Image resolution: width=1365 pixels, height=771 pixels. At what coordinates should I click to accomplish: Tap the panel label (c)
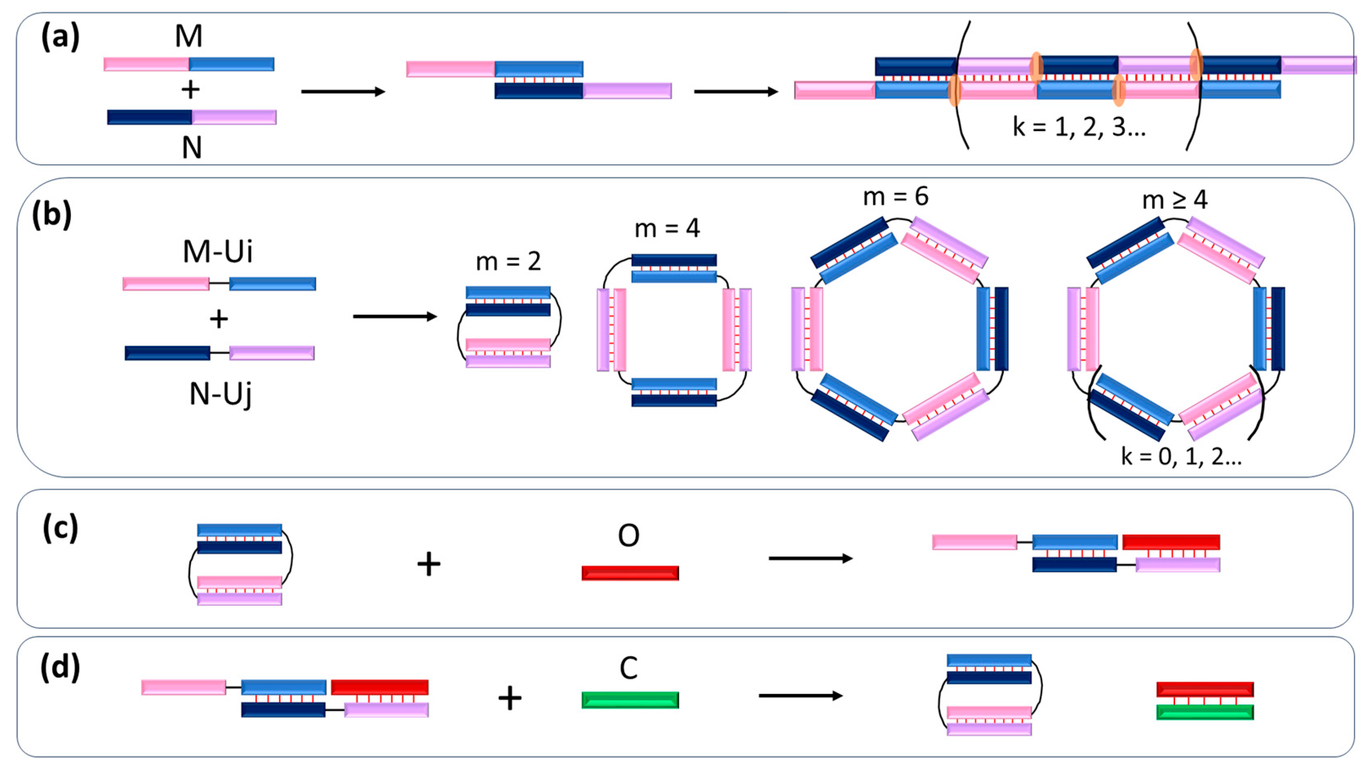click(x=60, y=528)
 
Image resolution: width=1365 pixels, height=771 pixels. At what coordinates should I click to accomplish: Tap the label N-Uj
click(x=220, y=395)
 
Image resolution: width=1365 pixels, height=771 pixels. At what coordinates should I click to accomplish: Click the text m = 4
click(x=667, y=228)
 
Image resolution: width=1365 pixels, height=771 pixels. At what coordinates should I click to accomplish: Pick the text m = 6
click(x=896, y=197)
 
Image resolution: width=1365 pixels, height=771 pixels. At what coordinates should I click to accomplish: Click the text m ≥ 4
click(x=1175, y=200)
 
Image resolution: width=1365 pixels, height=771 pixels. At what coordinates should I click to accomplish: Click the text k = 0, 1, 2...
click(x=1181, y=456)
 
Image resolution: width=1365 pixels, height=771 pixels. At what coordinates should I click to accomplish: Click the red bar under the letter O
click(x=630, y=573)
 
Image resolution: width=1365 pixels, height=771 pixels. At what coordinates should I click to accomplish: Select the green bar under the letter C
click(x=630, y=700)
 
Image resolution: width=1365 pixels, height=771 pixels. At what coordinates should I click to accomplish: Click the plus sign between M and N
click(x=190, y=90)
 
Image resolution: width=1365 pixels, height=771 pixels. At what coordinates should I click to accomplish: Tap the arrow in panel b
click(x=395, y=317)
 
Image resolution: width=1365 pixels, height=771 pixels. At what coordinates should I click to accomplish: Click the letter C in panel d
click(x=628, y=669)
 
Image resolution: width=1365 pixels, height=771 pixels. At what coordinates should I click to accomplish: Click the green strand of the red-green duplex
click(x=1205, y=712)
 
